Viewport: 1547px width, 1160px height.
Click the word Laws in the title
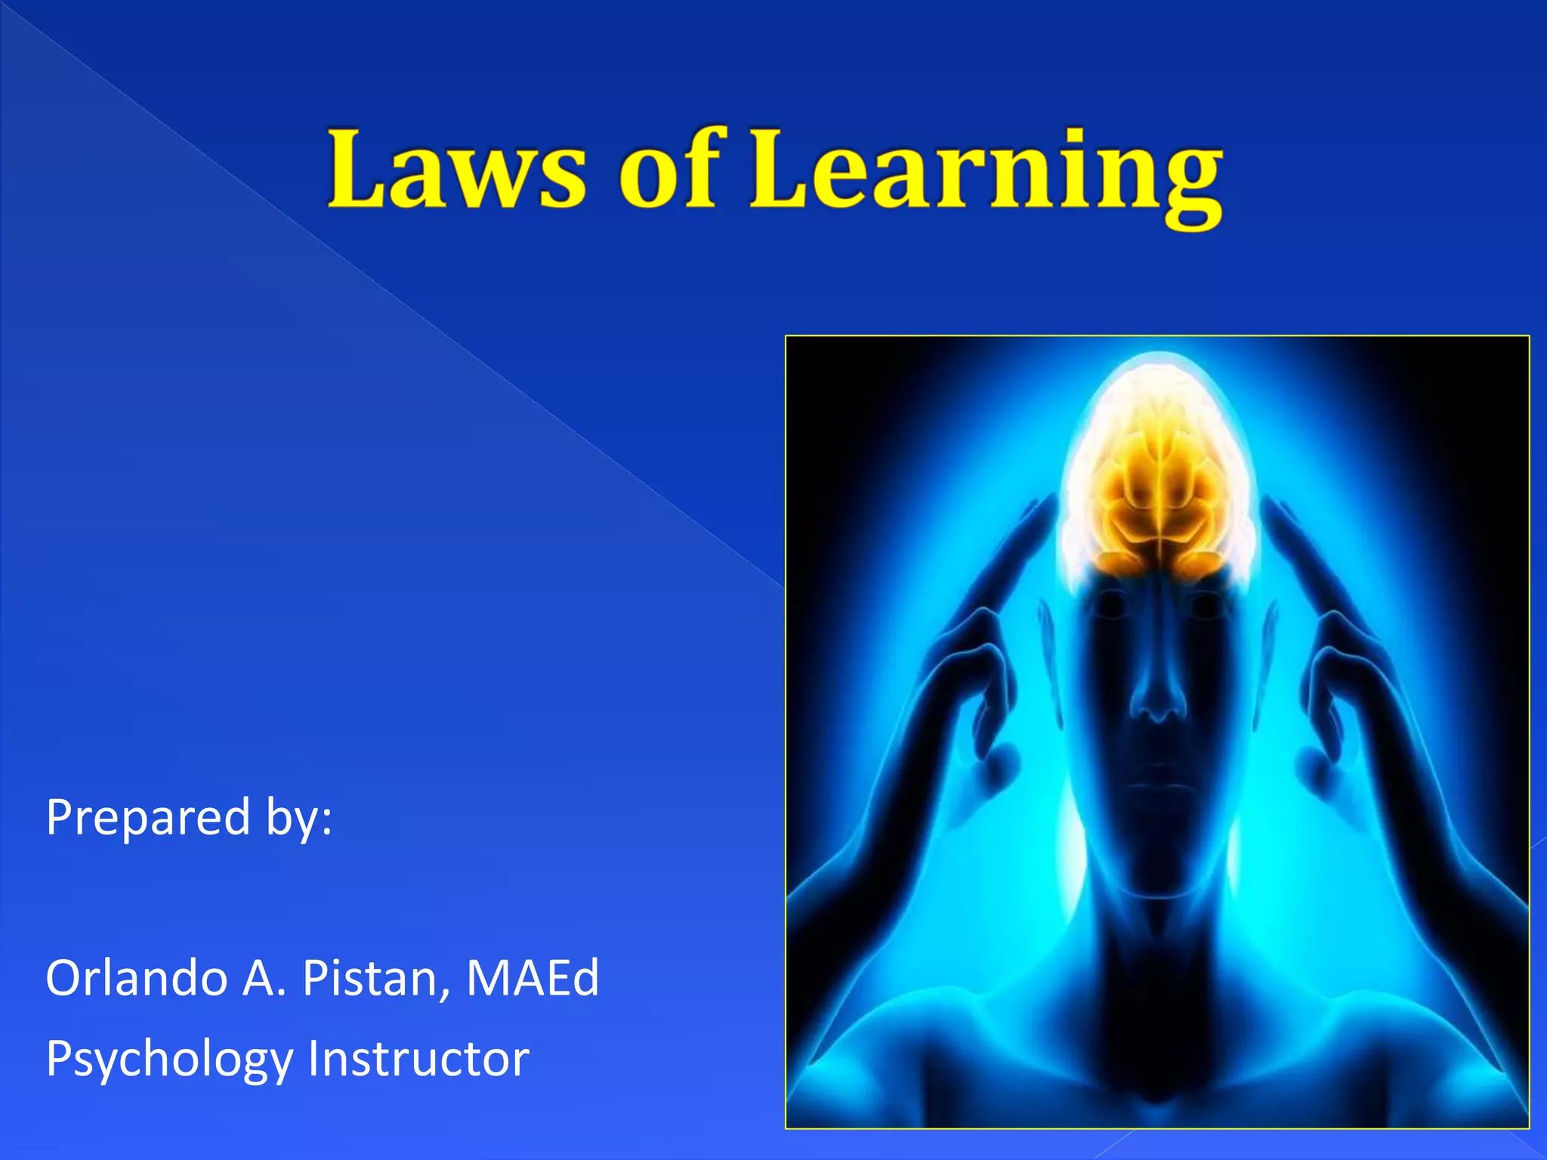457,169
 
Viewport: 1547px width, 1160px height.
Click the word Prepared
148,818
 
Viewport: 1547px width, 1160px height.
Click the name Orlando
137,978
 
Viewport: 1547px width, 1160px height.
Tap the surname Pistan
370,978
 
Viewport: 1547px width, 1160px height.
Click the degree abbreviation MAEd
533,978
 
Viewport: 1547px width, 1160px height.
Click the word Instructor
418,1058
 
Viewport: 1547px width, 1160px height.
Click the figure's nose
1157,699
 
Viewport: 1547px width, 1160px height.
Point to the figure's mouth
1157,778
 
